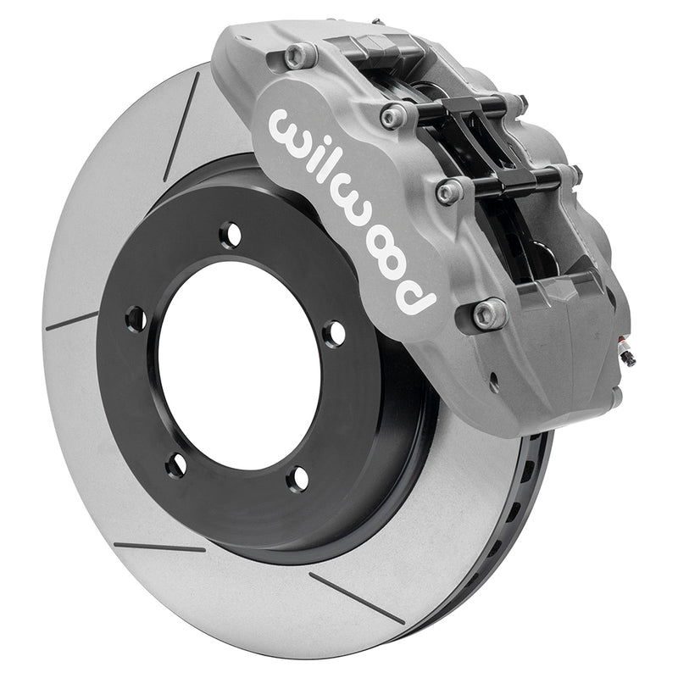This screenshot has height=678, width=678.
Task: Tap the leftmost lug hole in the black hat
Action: pyautogui.click(x=136, y=319)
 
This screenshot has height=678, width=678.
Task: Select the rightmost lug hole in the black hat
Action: pyautogui.click(x=334, y=334)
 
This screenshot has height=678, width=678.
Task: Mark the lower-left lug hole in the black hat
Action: pyautogui.click(x=176, y=464)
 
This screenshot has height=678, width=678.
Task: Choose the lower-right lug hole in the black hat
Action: pyautogui.click(x=297, y=478)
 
